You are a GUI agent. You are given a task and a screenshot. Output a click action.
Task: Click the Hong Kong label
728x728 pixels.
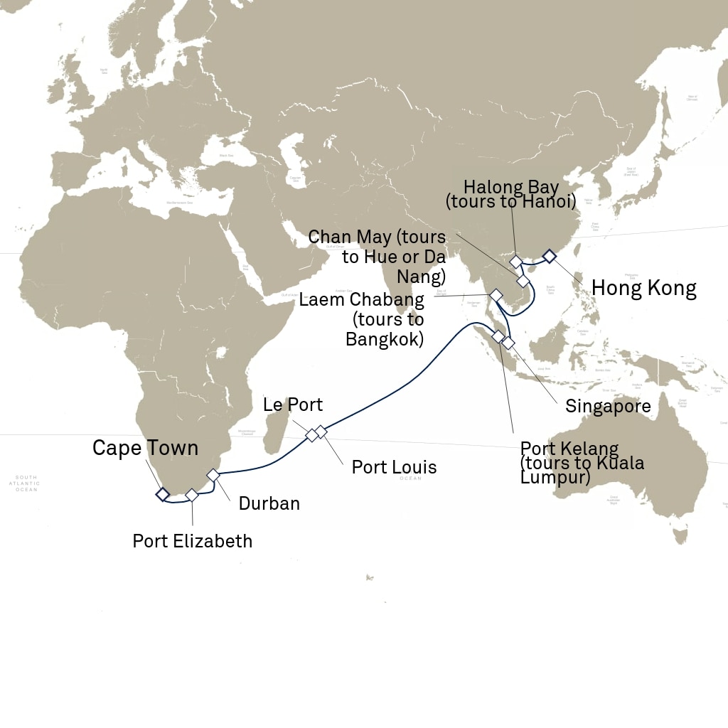[643, 288]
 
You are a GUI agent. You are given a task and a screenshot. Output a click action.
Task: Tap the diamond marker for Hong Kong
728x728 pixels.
[549, 256]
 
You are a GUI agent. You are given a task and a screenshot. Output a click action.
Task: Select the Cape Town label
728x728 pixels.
[145, 448]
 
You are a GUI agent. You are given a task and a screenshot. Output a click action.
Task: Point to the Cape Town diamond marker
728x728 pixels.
[163, 493]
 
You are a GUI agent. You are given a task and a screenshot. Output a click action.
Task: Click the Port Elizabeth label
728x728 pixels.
[192, 541]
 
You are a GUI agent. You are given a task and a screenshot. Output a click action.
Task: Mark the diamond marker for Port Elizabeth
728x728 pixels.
[191, 494]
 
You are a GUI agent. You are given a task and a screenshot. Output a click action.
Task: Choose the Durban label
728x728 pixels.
[269, 504]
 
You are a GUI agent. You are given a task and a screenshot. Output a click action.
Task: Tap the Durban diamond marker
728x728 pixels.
[213, 474]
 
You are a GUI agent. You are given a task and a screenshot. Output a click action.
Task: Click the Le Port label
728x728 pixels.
[292, 405]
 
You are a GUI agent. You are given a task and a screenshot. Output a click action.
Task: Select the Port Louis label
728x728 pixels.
[394, 467]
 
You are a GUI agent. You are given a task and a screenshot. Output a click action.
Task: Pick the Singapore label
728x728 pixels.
[608, 407]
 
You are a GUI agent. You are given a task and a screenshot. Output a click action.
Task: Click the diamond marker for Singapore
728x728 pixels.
[508, 343]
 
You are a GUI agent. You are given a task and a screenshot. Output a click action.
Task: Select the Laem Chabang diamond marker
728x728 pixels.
[496, 294]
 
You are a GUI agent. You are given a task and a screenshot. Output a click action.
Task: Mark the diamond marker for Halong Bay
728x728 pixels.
[516, 262]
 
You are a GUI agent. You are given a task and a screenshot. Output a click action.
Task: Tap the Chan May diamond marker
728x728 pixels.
[523, 282]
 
